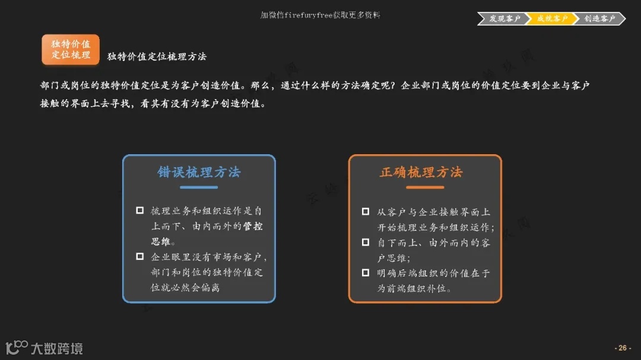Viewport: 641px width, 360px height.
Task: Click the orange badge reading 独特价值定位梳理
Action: point(71,49)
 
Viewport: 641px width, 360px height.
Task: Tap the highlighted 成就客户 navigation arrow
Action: point(551,18)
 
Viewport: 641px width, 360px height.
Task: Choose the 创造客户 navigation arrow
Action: point(599,18)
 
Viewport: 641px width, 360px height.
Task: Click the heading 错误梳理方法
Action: point(199,172)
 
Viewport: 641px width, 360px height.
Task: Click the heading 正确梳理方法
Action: point(421,172)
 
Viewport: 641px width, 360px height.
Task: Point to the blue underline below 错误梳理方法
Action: point(199,187)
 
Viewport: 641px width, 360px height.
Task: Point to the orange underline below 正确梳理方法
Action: point(425,187)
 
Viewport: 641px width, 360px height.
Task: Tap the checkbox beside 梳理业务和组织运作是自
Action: point(140,211)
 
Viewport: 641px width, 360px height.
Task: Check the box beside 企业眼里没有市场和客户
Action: point(140,257)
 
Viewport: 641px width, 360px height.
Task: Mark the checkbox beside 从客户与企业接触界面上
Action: point(366,211)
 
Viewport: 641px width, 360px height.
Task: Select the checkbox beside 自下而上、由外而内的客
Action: point(366,242)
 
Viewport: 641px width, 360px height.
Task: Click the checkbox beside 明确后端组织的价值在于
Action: point(366,273)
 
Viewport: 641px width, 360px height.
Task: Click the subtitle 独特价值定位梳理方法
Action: point(157,57)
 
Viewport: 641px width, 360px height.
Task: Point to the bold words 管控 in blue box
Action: point(253,226)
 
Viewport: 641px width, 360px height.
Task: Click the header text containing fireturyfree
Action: point(320,15)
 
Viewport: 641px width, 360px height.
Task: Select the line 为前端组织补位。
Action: point(414,289)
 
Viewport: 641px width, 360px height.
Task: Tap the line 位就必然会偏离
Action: point(185,288)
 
